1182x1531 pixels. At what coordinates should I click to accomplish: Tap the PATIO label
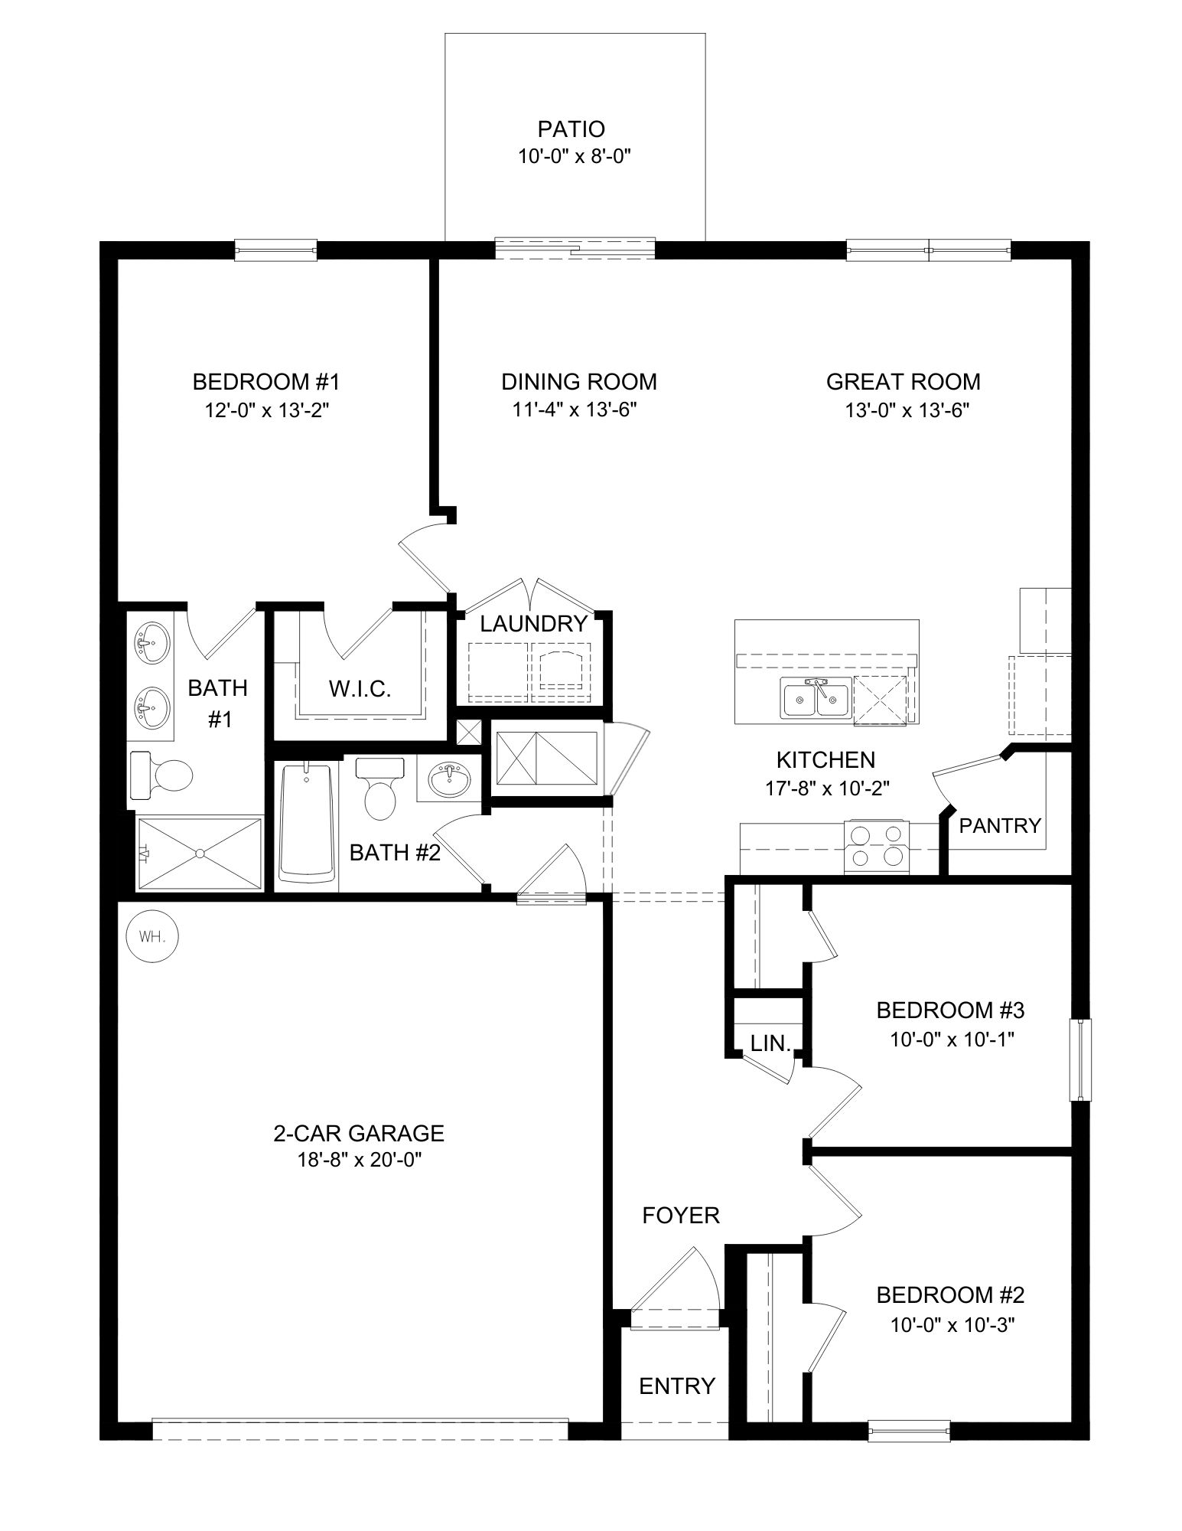(x=571, y=129)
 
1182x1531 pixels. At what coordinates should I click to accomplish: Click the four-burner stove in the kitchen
(x=876, y=846)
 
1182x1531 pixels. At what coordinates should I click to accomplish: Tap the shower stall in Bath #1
(x=200, y=852)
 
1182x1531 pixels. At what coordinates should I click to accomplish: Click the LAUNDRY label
(x=533, y=623)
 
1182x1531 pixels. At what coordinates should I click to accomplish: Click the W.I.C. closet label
(x=360, y=688)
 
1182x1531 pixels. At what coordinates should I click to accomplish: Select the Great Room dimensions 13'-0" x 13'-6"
(x=907, y=410)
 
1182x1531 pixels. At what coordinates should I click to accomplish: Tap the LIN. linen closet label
(x=770, y=1043)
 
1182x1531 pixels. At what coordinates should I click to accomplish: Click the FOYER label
(x=681, y=1215)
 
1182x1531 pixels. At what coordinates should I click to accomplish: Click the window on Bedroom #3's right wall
(x=1079, y=1060)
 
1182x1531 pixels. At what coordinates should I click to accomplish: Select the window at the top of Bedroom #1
(x=275, y=250)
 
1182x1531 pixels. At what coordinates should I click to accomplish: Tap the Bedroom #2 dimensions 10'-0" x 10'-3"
(x=952, y=1325)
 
